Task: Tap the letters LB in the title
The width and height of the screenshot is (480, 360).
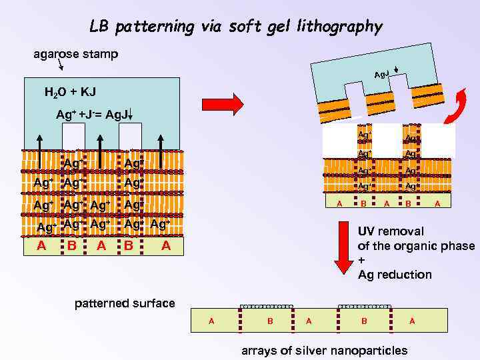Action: [99, 27]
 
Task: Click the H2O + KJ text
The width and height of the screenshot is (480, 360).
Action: [71, 90]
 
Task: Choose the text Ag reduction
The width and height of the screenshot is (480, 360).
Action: [395, 275]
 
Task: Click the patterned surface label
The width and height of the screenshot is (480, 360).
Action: [125, 304]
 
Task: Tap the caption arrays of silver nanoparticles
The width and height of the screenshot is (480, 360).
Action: [324, 351]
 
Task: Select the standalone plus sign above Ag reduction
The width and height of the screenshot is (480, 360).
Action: [361, 261]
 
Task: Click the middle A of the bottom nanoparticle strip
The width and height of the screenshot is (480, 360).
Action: [309, 321]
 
